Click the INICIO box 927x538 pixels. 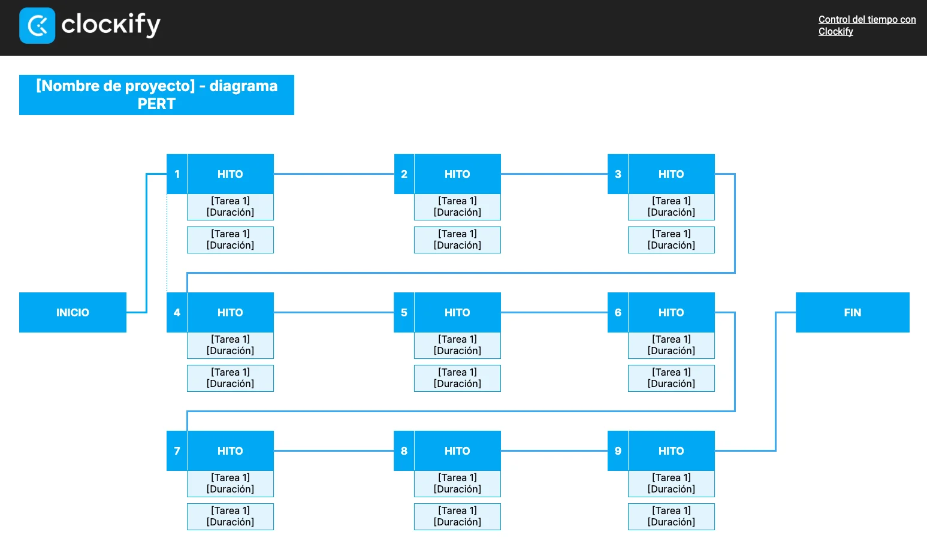[x=73, y=313]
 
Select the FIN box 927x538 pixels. [x=853, y=313]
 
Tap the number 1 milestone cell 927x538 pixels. [x=177, y=174]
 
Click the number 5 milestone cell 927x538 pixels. [x=404, y=313]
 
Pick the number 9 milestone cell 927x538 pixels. [x=618, y=451]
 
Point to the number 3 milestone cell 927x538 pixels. [x=618, y=174]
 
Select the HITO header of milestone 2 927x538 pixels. [x=457, y=174]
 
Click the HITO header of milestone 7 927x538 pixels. [x=230, y=451]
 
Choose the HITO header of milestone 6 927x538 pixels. [x=671, y=313]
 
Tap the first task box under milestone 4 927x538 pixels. [x=230, y=345]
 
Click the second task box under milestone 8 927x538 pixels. [x=457, y=516]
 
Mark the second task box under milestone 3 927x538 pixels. [x=671, y=240]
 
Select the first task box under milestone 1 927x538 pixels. [x=230, y=207]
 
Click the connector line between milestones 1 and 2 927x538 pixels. [x=334, y=174]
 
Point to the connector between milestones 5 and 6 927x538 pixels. [x=554, y=313]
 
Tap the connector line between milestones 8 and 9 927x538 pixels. [x=554, y=451]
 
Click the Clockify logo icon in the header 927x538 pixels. [x=37, y=25]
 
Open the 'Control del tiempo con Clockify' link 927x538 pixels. [x=867, y=25]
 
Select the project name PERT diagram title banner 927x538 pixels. [x=156, y=95]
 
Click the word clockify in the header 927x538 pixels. [x=110, y=25]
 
